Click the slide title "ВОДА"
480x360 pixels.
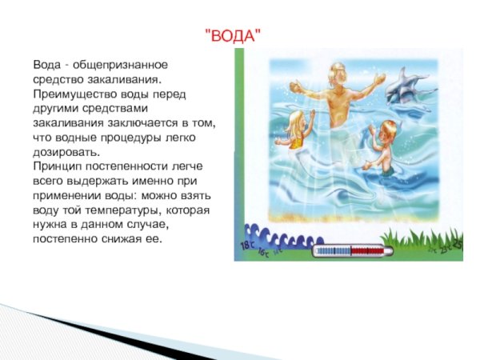click(233, 35)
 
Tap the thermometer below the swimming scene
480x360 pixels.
click(352, 250)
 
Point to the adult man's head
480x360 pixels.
click(337, 74)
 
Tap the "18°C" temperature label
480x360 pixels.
click(246, 242)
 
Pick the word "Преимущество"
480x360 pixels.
click(73, 94)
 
